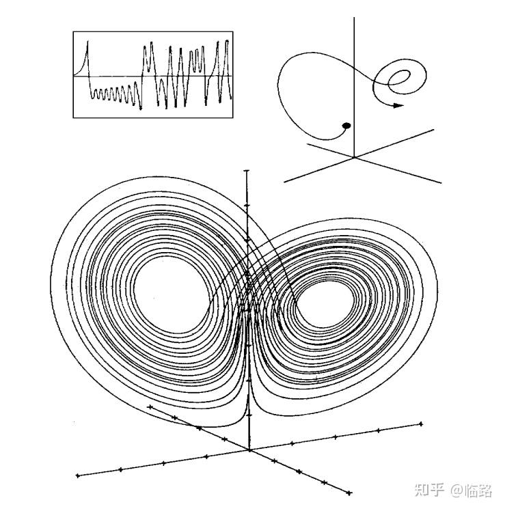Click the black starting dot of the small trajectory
click(x=346, y=125)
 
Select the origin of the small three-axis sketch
click(x=354, y=157)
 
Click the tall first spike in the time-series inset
click(x=87, y=45)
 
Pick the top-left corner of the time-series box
click(x=73, y=31)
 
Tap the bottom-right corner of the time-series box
click(x=234, y=118)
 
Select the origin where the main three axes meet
click(x=249, y=450)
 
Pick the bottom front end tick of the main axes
click(x=349, y=493)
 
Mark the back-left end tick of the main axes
click(x=148, y=407)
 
